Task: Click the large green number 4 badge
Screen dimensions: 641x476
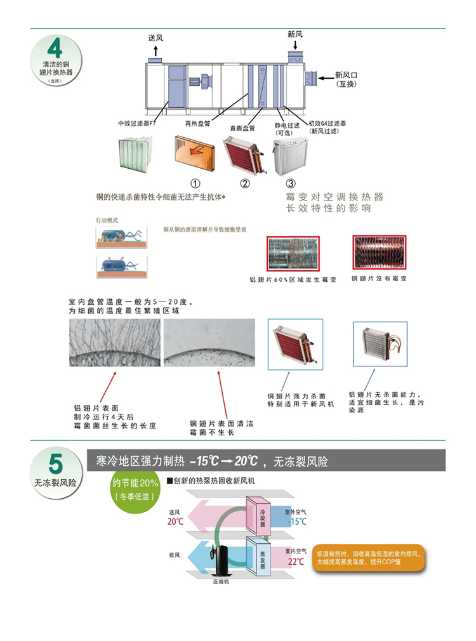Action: pos(55,48)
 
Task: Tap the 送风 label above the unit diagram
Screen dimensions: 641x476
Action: pos(155,37)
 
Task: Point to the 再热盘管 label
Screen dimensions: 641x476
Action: pos(197,123)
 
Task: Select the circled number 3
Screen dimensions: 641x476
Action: pos(291,184)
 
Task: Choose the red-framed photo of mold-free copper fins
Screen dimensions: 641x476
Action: pos(380,253)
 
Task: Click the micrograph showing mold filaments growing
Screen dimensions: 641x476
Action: pos(114,343)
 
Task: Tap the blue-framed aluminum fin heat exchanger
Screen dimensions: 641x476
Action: pos(380,346)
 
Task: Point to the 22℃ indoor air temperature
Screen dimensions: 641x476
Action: pos(296,562)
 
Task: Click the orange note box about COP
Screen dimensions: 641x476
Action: pos(368,558)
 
